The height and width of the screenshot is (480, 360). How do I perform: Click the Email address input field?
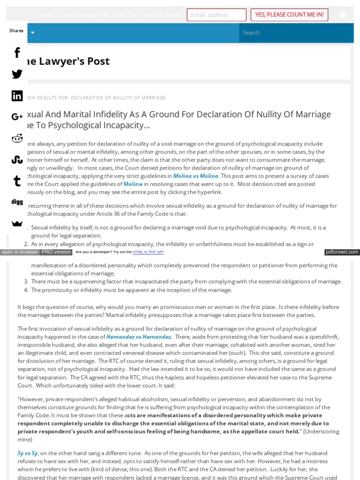[216, 15]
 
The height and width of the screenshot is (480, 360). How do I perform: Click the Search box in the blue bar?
[296, 33]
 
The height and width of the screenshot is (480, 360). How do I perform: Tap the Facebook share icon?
[17, 52]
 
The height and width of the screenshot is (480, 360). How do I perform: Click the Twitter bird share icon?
[17, 74]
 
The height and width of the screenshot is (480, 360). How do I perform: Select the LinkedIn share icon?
[17, 96]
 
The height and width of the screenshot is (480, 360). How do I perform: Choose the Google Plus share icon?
[17, 117]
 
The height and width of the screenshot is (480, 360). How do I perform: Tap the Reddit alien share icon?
[17, 138]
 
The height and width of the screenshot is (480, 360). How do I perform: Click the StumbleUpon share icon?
[17, 160]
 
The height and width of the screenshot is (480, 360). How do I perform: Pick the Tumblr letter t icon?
[17, 181]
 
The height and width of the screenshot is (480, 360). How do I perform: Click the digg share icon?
[17, 202]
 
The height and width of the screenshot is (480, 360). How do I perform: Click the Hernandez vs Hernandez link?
[139, 337]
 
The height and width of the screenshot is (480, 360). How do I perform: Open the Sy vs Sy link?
[28, 453]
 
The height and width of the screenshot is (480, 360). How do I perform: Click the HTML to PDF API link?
[148, 252]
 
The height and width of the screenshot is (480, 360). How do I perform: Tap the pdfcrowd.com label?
[342, 252]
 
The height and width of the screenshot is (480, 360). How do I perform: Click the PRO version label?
[56, 252]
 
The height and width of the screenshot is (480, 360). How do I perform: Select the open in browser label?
[20, 252]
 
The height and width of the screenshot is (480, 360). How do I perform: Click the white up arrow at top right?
[343, 15]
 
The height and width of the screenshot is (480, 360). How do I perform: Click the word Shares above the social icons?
[16, 31]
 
